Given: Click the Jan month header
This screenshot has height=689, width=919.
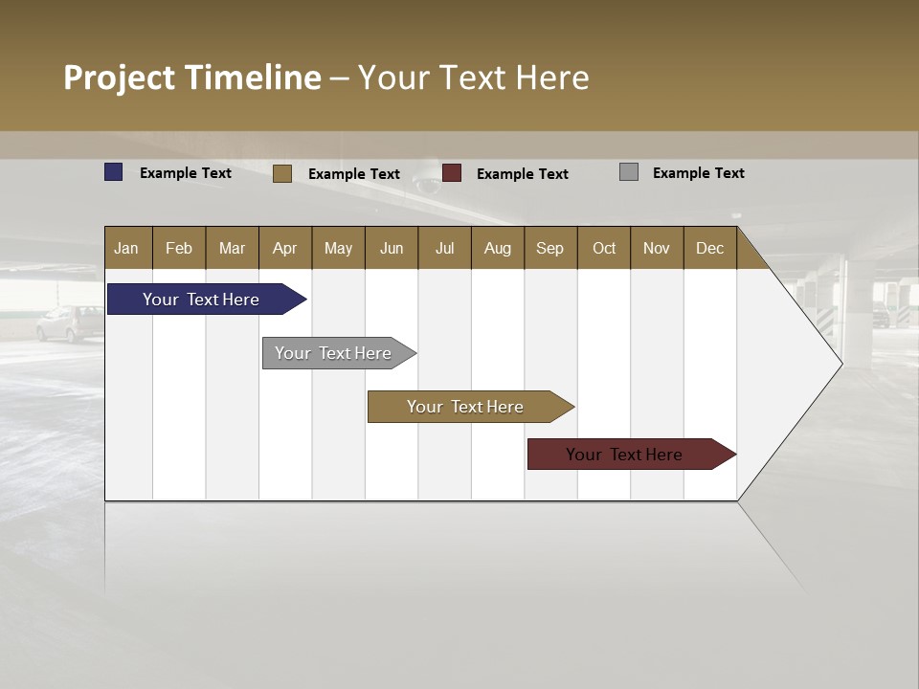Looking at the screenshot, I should click(127, 248).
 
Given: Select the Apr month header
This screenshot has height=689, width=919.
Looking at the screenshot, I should click(285, 248).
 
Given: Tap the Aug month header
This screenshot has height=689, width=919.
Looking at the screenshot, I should click(498, 248).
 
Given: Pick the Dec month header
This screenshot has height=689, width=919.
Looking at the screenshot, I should click(710, 248).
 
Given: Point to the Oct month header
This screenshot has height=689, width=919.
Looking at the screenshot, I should click(604, 248).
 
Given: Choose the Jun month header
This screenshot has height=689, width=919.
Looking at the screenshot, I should click(392, 248).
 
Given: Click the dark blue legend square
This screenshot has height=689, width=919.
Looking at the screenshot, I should click(114, 172).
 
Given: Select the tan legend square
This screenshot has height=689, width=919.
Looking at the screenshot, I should click(282, 173).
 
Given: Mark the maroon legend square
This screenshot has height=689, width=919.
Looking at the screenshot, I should click(452, 173).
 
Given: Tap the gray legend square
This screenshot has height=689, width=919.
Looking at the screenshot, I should click(629, 172).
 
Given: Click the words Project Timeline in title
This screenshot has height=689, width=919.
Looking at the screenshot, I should click(191, 78).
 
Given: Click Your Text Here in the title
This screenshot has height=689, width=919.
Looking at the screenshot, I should click(474, 78).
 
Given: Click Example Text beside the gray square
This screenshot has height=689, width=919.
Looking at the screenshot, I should click(698, 173).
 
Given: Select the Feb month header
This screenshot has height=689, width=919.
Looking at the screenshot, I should click(179, 248).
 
